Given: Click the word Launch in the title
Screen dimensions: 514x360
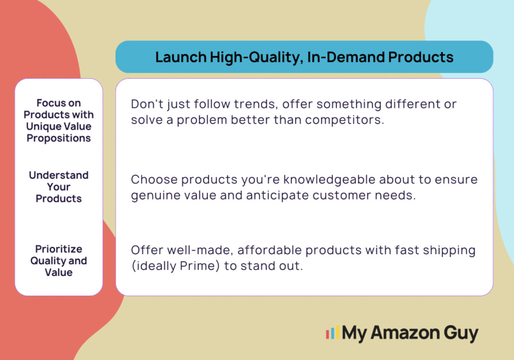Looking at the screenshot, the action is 181,57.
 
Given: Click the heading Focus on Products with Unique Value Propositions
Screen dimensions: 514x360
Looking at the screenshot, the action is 59,120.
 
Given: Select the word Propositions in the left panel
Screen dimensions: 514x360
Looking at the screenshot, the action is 59,138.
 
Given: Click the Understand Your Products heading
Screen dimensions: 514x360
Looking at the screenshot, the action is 59,187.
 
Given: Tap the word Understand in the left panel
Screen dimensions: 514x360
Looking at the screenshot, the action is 59,175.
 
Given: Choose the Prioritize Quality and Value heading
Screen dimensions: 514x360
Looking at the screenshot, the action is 59,261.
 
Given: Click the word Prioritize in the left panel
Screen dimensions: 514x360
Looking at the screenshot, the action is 59,249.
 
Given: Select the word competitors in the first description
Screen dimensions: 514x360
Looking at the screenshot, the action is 344,120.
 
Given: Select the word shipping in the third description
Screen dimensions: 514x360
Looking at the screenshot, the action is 449,251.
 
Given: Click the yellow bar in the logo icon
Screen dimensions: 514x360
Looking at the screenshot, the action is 338,332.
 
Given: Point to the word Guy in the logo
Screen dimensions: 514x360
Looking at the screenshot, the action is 461,334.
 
